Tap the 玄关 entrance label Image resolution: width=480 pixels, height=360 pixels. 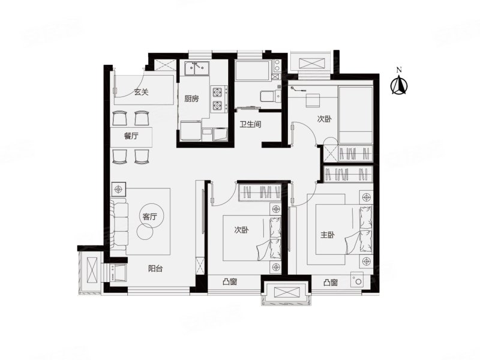(141, 92)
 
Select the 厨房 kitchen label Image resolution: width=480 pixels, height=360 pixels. (191, 98)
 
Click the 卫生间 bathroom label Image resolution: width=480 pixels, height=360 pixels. (250, 124)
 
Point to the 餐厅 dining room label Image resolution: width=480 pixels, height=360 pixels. (131, 136)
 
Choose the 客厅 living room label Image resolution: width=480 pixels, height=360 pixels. (149, 217)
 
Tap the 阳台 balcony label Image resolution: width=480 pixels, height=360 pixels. (155, 269)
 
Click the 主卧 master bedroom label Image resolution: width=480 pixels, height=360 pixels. (327, 235)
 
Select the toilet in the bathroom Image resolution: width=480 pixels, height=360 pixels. (269, 96)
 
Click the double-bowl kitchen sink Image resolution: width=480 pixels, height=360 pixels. (197, 68)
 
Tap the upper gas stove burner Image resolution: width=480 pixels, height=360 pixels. (217, 92)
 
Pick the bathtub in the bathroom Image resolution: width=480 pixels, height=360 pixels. (252, 70)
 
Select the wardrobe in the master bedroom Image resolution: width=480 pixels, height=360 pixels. (348, 175)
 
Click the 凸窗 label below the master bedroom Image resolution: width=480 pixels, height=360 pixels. (331, 283)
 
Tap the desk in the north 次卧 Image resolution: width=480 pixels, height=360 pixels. (313, 100)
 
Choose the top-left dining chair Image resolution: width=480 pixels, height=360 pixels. (119, 118)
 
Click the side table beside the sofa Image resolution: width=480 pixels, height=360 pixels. (118, 190)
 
